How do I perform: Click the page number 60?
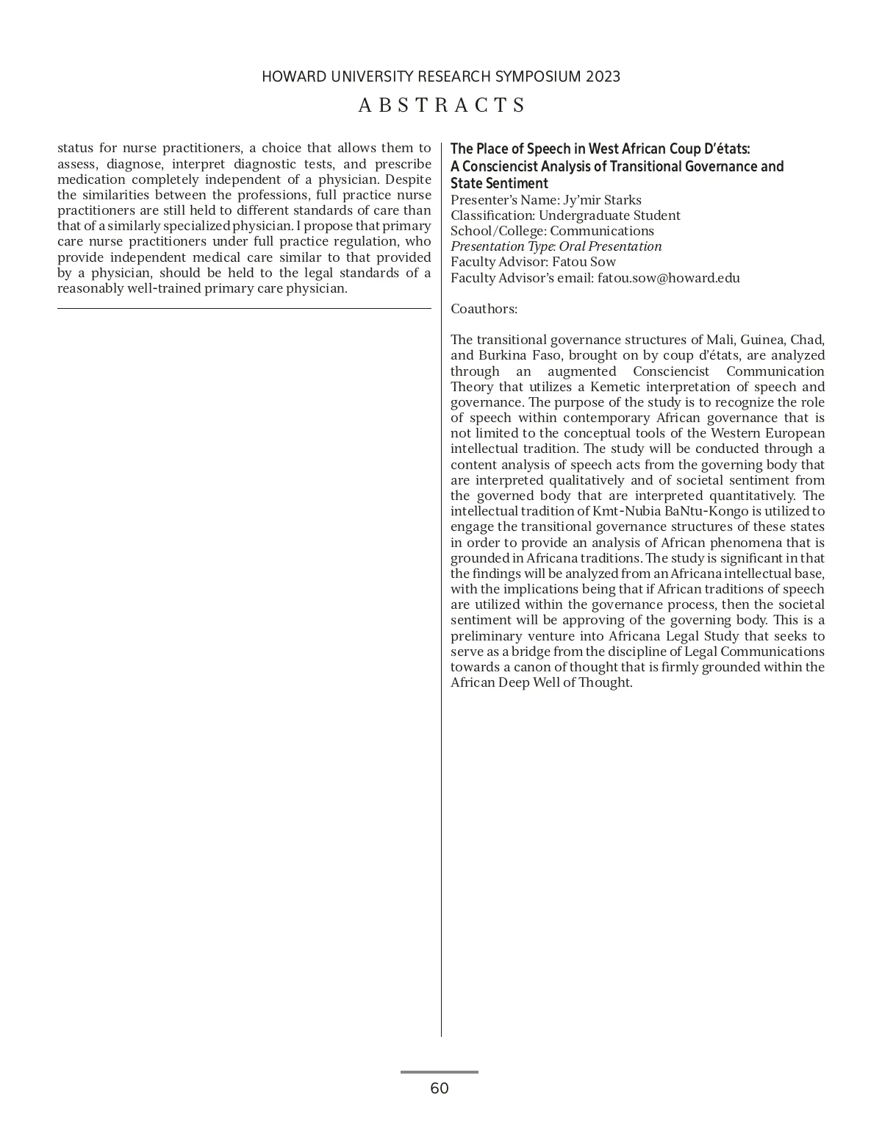440,1088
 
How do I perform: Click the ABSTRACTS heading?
442,105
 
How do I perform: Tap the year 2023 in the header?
603,76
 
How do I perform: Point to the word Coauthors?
484,309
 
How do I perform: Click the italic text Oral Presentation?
610,246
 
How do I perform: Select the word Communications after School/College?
602,231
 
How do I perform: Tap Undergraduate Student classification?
609,215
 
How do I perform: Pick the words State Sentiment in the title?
499,184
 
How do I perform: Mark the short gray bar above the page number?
440,1072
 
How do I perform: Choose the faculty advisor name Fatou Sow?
584,262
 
